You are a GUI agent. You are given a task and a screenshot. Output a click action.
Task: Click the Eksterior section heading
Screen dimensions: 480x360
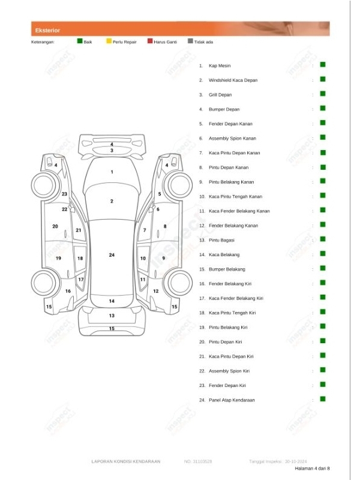click(x=47, y=29)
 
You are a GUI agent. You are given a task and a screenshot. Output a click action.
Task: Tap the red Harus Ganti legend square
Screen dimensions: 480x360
click(x=150, y=41)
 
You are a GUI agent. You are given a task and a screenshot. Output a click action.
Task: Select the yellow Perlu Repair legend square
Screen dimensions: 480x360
click(x=109, y=41)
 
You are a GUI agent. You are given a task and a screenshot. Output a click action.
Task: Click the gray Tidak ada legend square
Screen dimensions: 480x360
click(x=190, y=41)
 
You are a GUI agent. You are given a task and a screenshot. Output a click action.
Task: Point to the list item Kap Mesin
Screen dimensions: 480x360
click(x=220, y=65)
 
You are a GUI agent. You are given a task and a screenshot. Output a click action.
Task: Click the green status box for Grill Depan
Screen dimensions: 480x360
click(x=322, y=94)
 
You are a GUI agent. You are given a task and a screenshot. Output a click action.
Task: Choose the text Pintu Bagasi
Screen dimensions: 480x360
click(x=221, y=240)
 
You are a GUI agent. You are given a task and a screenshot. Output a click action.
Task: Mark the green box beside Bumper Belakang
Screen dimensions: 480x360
click(x=322, y=268)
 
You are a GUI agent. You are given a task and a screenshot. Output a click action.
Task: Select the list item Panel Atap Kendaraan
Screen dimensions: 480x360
click(x=232, y=400)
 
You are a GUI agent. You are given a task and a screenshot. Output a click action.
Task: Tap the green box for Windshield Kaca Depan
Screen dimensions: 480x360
click(x=322, y=79)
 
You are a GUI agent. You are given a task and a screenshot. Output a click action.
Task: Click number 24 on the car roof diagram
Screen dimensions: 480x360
click(x=112, y=255)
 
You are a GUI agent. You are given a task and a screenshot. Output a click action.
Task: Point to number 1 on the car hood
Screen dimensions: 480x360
click(x=112, y=172)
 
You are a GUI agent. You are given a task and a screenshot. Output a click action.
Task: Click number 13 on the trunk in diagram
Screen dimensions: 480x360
click(x=112, y=315)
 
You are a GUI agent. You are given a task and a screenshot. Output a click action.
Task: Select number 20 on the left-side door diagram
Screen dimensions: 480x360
click(x=55, y=226)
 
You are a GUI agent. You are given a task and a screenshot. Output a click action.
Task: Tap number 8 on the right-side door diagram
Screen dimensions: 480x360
click(x=165, y=226)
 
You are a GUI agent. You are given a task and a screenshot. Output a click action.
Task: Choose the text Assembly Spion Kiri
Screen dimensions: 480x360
click(x=229, y=371)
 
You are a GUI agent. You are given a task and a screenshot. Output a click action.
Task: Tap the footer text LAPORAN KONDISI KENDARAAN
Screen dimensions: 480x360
click(x=126, y=461)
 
